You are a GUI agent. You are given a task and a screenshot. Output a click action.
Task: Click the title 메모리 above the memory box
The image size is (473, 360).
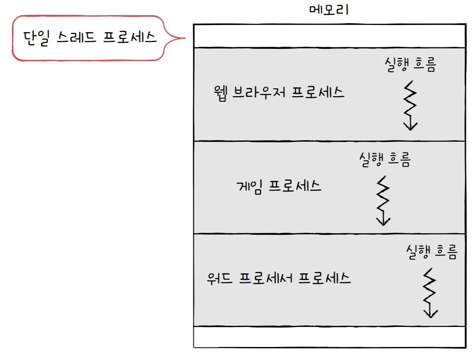[x=329, y=9]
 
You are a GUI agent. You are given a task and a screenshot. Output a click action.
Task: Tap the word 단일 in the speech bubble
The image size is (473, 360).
[x=36, y=38]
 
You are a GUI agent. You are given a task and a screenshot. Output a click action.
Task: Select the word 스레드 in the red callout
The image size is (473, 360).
[x=76, y=37]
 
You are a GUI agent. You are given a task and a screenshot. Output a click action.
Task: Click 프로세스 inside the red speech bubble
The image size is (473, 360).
[x=129, y=37]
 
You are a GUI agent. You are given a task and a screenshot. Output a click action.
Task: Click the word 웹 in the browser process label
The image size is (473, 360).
[x=220, y=93]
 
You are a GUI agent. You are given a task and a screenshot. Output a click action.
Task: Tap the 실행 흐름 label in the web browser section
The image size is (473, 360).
[x=410, y=64]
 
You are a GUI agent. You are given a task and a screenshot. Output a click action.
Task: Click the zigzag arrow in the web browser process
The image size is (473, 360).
[x=410, y=105]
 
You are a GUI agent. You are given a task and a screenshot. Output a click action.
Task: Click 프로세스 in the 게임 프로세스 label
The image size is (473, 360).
[x=295, y=185]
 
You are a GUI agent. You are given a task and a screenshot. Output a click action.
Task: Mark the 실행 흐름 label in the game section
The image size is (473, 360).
[x=385, y=159]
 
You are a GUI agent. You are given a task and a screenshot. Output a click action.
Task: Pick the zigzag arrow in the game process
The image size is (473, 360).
[x=383, y=201]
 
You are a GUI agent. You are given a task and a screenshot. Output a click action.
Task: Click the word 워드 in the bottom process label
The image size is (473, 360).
[x=220, y=278]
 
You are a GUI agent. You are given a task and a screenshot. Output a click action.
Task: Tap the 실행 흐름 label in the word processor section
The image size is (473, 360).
[x=432, y=252]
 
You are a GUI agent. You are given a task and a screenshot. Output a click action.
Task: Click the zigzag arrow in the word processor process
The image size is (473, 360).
[x=430, y=293]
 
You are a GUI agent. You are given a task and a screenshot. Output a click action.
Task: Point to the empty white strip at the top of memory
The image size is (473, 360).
[x=329, y=36]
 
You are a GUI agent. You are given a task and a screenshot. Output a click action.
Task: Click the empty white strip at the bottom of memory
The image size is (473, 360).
[x=329, y=337]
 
